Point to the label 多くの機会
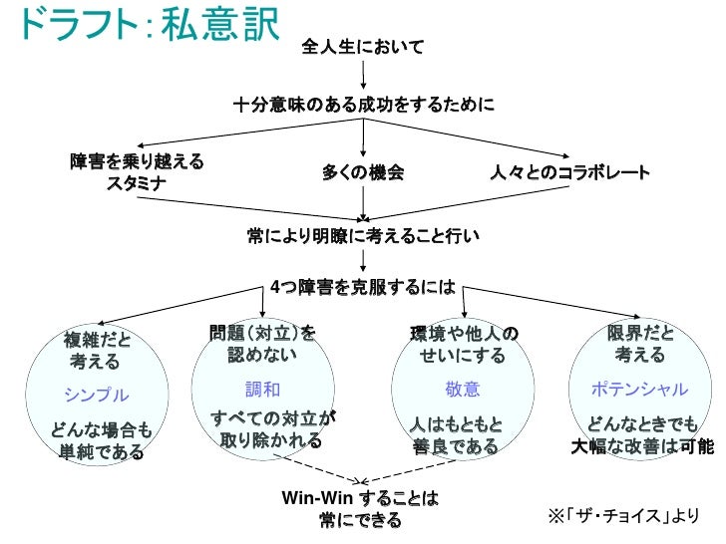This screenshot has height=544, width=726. coord(363,172)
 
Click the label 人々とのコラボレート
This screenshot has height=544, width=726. coord(569,172)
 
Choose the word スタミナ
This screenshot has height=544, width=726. coord(137,184)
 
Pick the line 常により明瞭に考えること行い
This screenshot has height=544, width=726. coord(363,236)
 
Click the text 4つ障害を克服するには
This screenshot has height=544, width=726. coord(363,287)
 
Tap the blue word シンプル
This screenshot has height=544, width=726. coord(97,394)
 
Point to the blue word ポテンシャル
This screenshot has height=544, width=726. coord(639,389)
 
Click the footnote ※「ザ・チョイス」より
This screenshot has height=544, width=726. coord(624,515)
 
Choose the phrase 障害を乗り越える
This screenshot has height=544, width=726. coord(137,161)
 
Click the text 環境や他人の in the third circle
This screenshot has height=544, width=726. coord(464,332)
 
